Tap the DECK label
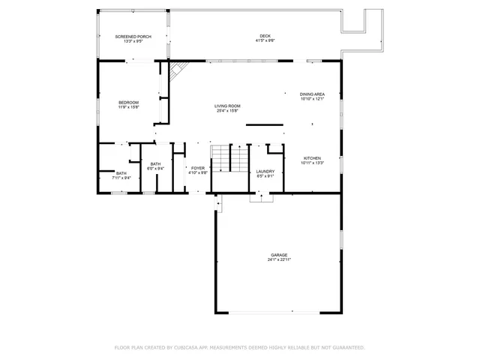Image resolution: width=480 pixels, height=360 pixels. pos(265,36)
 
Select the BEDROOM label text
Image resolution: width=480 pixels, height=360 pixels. pos(128,102)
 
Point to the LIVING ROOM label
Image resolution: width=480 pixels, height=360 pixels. pos(228,106)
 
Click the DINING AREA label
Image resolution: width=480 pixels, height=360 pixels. pos(311,94)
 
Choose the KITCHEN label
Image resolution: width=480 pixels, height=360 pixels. pos(312,158)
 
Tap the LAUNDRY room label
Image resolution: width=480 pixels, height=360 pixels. pos(265,171)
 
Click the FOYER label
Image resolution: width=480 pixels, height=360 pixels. pos(198,168)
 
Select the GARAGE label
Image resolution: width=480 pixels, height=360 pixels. pos(279,255)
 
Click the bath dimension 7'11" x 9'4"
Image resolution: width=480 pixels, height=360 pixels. pos(121,178)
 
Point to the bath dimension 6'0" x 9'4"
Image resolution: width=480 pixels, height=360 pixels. pos(155,169)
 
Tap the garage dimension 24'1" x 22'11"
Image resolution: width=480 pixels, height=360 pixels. pos(279,260)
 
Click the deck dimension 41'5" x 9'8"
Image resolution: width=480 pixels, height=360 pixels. pos(265,41)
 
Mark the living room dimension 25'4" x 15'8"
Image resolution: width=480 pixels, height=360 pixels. pos(228,112)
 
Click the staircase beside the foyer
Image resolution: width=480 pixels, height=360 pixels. pos(228,159)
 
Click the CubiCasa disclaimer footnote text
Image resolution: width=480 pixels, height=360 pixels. pos(239,347)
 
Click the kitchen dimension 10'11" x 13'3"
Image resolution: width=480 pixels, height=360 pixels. pos(312,163)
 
